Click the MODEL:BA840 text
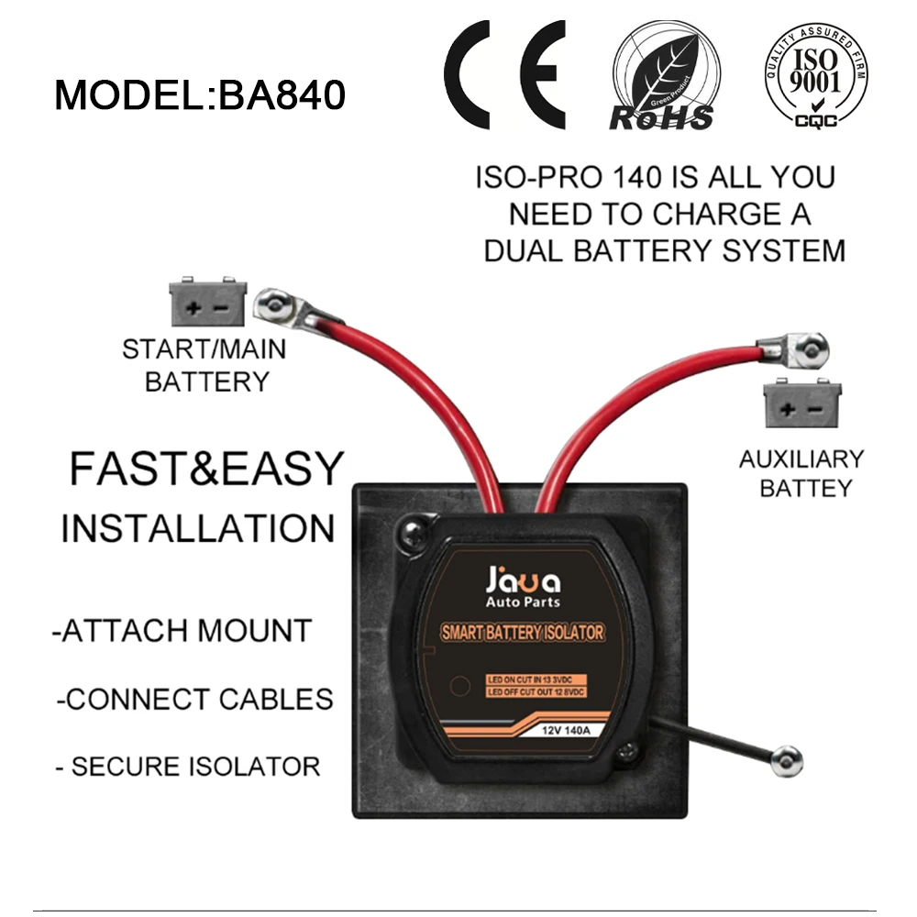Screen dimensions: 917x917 pos(199,95)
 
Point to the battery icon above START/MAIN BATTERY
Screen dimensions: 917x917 pos(208,304)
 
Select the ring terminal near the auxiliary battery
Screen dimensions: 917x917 pos(809,348)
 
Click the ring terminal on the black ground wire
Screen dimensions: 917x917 pos(786,760)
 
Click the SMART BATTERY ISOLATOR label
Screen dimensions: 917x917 pos(523,633)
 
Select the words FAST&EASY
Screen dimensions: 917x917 pos(205,470)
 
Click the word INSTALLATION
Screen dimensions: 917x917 pos(198,529)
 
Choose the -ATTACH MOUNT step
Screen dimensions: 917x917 pos(182,631)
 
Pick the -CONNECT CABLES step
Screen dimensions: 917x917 pos(194,699)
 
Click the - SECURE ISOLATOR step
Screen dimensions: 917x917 pos(188,767)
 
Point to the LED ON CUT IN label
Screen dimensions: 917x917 pos(536,679)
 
